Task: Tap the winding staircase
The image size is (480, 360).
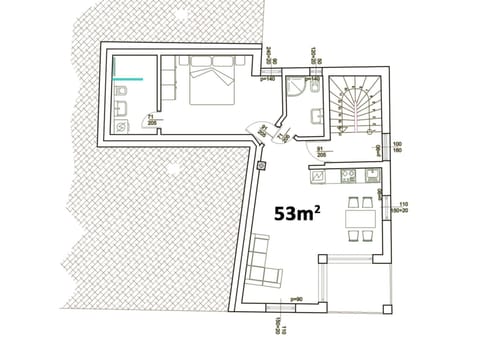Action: point(356,100)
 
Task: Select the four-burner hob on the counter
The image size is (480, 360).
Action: point(349,177)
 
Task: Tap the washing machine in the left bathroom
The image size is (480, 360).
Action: point(121,126)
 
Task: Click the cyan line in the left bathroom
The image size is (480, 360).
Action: point(127,77)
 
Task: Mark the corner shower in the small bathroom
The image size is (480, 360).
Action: point(295,87)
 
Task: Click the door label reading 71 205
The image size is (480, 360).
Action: point(150,120)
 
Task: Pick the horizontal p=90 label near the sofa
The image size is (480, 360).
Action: point(296,299)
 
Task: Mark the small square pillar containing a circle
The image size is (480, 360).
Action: point(262,164)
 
